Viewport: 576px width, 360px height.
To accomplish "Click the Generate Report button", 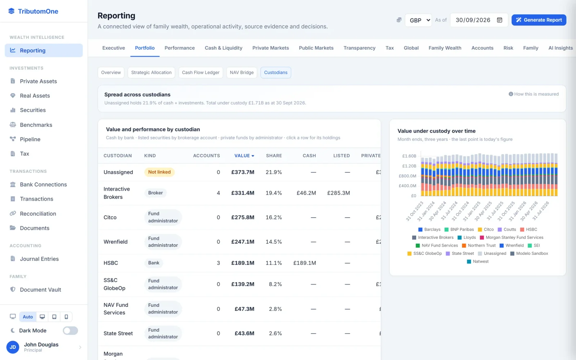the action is tap(539, 20).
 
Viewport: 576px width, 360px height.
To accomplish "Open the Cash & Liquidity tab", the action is tap(224, 48).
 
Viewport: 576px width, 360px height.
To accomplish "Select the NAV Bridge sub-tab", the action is tap(242, 72).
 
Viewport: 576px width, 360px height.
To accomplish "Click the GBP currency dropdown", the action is tap(418, 20).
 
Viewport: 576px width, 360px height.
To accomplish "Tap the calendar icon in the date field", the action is tap(499, 20).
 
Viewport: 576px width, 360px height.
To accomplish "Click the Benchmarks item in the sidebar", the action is tap(36, 125).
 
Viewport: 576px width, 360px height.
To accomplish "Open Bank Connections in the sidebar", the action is tap(43, 184).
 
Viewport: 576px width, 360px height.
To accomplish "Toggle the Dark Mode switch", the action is tap(70, 330).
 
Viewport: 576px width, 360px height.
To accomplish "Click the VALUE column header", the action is tap(244, 156).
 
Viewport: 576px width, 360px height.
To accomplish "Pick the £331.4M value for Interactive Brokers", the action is tap(243, 193).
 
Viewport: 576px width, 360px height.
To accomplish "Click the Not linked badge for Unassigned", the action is tap(159, 172).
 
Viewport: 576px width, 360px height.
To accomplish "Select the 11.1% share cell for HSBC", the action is tap(274, 263).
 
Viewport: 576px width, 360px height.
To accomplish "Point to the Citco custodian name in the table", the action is tap(110, 217).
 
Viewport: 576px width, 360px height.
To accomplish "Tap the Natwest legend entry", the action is tap(477, 261).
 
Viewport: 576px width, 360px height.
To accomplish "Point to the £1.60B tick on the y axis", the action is tap(409, 156).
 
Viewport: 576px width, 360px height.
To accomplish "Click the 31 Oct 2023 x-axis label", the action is tap(414, 211).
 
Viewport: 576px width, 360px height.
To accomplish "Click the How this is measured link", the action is tap(534, 94).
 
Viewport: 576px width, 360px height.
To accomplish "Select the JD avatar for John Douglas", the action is tap(13, 347).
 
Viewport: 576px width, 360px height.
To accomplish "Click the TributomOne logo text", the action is tap(38, 11).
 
